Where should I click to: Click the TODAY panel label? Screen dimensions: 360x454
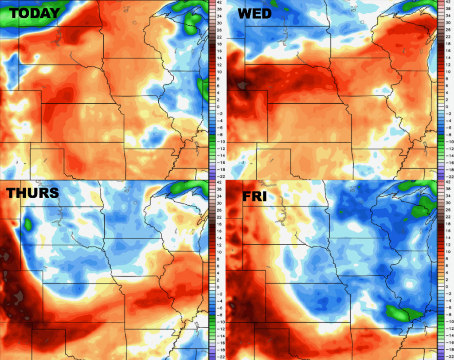34,13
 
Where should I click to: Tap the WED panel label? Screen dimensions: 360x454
254,14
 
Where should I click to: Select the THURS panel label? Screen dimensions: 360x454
32,192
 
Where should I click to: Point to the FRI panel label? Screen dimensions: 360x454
254,196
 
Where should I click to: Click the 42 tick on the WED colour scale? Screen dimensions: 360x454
447,3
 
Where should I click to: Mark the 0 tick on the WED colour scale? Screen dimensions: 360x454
447,107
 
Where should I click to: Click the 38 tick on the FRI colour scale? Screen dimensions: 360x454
447,188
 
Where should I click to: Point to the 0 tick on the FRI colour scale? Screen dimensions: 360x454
447,287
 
